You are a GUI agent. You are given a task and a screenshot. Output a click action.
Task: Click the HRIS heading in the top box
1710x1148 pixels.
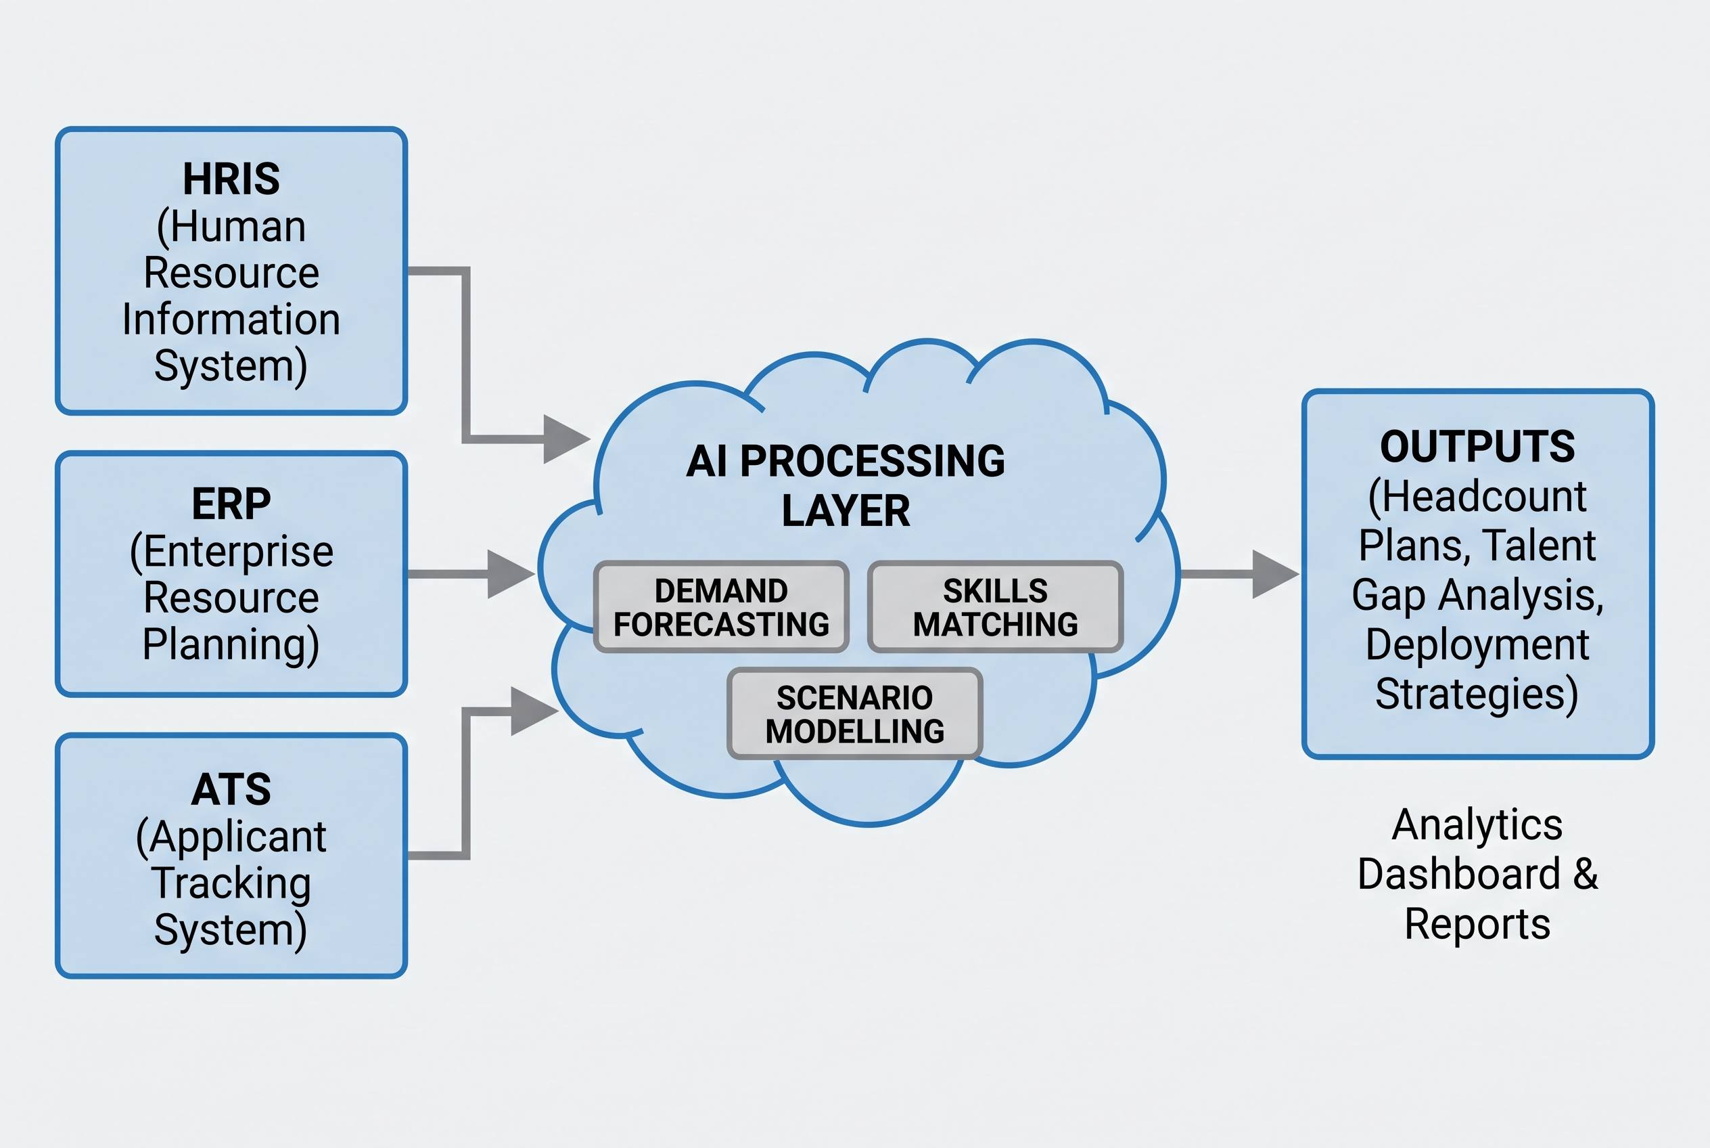point(231,179)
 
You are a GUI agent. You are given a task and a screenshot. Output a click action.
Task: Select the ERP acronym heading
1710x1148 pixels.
point(231,504)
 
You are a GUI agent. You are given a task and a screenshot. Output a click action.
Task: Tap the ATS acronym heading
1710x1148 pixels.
point(231,789)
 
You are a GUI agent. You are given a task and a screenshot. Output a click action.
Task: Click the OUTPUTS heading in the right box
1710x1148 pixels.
point(1477,446)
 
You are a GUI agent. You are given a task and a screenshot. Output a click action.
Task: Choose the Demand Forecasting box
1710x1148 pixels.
point(722,607)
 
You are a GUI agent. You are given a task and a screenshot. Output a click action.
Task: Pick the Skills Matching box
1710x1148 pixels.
point(995,607)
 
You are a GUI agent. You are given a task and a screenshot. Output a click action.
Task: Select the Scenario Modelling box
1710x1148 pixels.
point(854,714)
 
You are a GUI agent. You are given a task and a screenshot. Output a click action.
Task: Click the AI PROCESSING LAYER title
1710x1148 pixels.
point(846,485)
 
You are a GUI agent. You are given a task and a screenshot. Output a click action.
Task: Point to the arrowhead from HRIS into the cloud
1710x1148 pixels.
point(567,439)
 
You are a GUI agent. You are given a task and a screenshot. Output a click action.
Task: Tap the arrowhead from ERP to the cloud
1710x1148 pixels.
point(511,574)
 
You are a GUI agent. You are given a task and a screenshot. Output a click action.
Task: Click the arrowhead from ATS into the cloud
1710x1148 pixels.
point(535,711)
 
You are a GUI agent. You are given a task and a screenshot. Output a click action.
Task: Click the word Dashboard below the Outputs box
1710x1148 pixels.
point(1459,873)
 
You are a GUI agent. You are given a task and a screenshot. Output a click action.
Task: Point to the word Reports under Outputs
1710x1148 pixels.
point(1477,924)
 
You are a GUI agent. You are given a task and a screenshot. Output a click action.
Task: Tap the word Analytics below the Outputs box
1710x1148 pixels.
point(1477,826)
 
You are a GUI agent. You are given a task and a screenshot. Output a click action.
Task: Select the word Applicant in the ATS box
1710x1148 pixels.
point(238,837)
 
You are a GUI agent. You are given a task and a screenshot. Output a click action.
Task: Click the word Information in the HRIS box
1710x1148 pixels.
point(231,320)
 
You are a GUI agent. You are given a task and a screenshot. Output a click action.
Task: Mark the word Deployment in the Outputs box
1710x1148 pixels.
point(1477,646)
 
